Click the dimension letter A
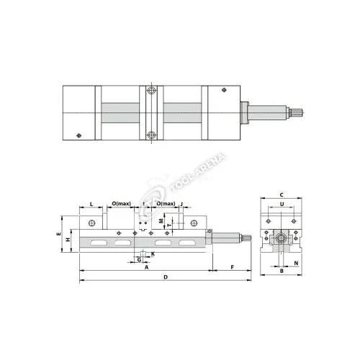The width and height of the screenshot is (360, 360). [x=146, y=266]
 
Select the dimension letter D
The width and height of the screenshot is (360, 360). [x=166, y=277]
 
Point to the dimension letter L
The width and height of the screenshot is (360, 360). [x=91, y=204]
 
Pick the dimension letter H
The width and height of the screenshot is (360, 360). [x=68, y=239]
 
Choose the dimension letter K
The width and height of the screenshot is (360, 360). [x=152, y=253]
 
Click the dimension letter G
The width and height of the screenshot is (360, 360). [x=139, y=258]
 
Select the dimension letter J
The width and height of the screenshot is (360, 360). [x=181, y=204]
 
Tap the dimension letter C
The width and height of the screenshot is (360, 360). [x=282, y=194]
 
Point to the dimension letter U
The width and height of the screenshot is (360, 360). [x=282, y=204]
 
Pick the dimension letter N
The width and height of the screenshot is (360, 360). [x=296, y=264]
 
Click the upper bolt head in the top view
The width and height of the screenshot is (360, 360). [x=150, y=91]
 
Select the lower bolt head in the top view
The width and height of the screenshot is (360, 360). [x=150, y=135]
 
